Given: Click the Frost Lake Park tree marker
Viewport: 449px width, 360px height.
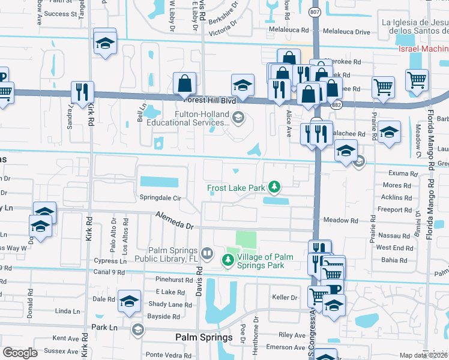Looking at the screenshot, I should (274, 188).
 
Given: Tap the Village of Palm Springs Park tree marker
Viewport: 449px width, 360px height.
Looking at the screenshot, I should (228, 260).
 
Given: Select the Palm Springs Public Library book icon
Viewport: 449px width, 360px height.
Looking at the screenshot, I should (207, 254).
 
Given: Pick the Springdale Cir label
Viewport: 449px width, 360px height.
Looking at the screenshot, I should (160, 197).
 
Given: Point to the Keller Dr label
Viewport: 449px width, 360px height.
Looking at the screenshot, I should (285, 297).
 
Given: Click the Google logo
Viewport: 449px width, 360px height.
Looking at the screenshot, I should (20, 353).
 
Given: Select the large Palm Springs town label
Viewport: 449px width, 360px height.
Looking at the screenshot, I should (203, 338).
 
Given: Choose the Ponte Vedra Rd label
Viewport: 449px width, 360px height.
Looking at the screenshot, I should (163, 355).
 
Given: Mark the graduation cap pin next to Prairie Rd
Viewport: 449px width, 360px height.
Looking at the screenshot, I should (389, 132).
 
